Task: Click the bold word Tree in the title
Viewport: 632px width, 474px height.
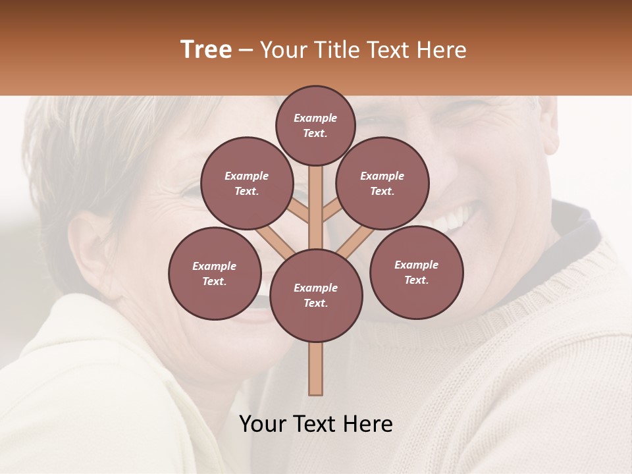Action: (206, 50)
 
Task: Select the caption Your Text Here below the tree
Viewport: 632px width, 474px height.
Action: (316, 424)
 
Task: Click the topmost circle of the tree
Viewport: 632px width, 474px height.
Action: (315, 125)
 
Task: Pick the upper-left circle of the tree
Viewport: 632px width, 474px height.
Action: (246, 183)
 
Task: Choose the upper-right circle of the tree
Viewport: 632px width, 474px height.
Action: (382, 183)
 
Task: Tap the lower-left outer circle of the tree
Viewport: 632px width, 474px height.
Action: (215, 273)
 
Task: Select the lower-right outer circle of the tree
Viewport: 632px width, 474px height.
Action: (416, 272)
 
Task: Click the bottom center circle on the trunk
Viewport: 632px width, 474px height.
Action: (315, 295)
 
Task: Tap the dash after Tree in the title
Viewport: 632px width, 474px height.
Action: (246, 51)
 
